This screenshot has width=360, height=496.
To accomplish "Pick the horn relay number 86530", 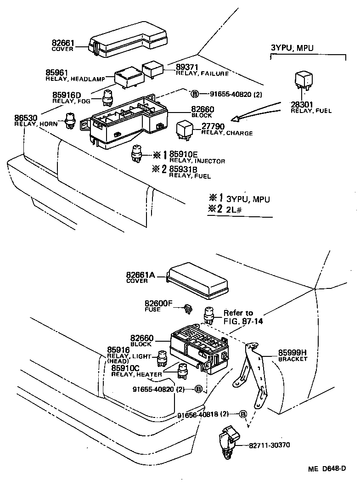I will click(26, 118).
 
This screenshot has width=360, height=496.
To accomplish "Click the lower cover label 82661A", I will click(140, 275).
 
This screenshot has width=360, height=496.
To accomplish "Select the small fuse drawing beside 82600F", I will click(187, 309).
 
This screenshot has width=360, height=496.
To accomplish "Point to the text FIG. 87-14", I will click(243, 321).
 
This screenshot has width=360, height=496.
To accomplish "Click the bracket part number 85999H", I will click(292, 353).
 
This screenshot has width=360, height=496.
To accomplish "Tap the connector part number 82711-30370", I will click(270, 445).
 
